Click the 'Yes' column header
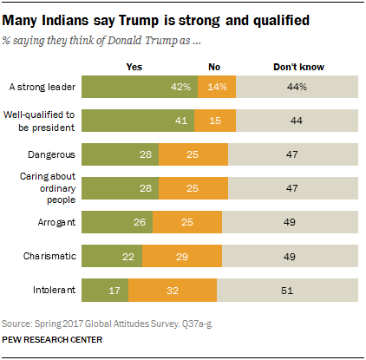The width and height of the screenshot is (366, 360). [x=134, y=66]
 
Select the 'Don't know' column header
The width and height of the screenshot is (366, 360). [x=297, y=66]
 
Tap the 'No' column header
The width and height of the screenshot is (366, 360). [x=214, y=66]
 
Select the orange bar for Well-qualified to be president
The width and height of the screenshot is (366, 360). [x=216, y=120]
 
